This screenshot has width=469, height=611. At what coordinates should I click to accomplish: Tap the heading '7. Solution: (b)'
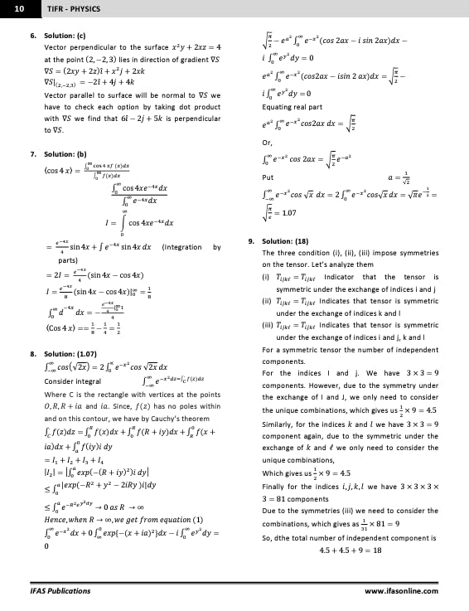pyautogui.click(x=58, y=154)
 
